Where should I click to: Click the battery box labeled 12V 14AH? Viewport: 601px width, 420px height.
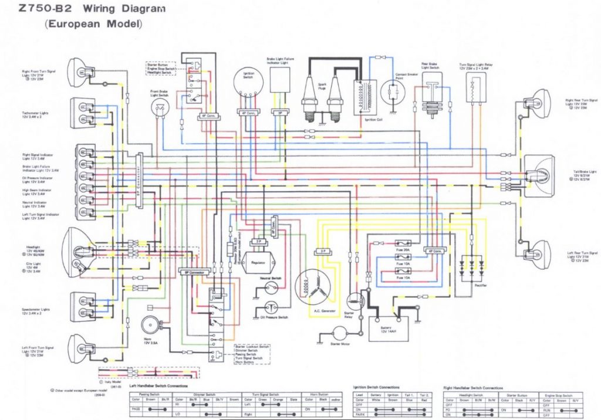tap(387, 327)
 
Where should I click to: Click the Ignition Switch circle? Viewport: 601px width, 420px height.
tap(247, 87)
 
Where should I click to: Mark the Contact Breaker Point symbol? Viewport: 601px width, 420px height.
tap(392, 93)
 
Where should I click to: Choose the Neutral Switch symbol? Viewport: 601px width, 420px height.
tap(271, 287)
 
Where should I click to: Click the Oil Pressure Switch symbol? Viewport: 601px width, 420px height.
tap(271, 307)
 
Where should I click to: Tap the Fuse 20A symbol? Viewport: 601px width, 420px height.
tap(403, 242)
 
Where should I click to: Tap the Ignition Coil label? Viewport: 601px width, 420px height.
tap(373, 119)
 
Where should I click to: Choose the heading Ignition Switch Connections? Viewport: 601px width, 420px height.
tap(376, 388)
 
